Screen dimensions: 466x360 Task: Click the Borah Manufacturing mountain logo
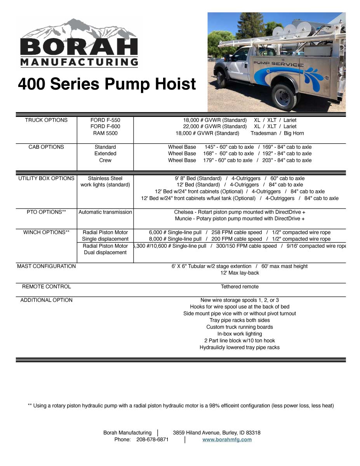click(x=79, y=43)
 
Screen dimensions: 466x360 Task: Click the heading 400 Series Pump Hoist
click(x=107, y=84)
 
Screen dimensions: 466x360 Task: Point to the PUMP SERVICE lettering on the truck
click(x=278, y=64)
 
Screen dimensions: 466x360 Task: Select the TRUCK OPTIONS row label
click(x=46, y=120)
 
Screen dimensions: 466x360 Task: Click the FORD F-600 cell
click(x=105, y=127)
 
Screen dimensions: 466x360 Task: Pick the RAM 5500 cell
click(x=105, y=133)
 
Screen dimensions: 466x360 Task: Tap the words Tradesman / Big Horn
click(x=277, y=133)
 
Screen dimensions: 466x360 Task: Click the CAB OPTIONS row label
click(x=46, y=147)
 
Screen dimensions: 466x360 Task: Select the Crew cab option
click(x=105, y=160)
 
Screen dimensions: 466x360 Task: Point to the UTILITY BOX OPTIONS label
click(x=46, y=179)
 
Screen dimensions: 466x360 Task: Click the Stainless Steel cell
click(x=105, y=179)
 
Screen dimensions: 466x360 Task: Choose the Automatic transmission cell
click(x=105, y=212)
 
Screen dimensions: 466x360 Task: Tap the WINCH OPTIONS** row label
click(x=46, y=233)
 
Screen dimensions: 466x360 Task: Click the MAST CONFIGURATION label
click(x=46, y=266)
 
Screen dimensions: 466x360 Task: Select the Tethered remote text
click(x=240, y=287)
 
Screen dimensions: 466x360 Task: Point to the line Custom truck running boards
click(x=240, y=327)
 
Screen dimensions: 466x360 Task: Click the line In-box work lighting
click(x=240, y=334)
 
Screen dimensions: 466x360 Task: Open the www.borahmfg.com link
click(x=227, y=440)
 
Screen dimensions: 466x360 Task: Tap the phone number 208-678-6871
click(x=152, y=440)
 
